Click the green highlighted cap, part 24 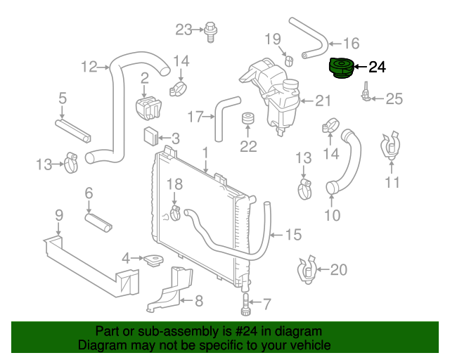pos(341,67)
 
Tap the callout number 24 pos(377,67)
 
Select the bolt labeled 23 pos(211,32)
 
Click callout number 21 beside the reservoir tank pos(323,101)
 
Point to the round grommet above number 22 pos(247,118)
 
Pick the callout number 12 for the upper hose pos(89,67)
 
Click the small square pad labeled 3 pos(150,136)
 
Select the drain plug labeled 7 pos(246,304)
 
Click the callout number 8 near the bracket pos(199,301)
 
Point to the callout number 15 pos(293,235)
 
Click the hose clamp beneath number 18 pos(174,214)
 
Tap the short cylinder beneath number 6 pos(98,222)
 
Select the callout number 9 pos(59,215)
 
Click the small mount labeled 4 pos(153,260)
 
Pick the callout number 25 pos(394,98)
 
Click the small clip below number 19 pos(289,61)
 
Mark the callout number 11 pos(392,182)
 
